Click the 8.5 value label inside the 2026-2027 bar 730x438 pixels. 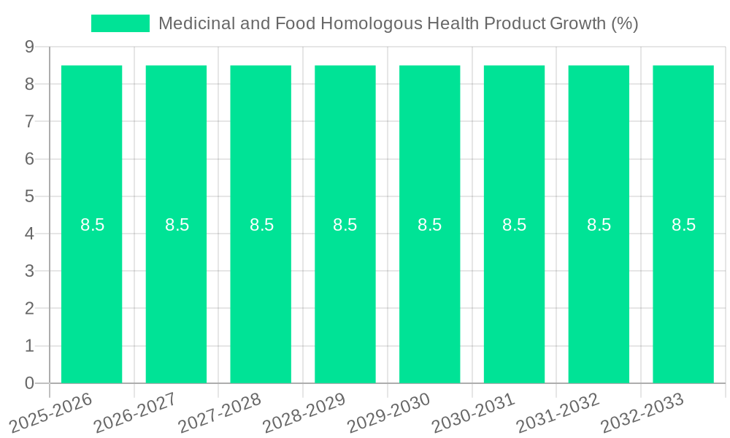tap(177, 225)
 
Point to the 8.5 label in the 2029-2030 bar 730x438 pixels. tap(430, 225)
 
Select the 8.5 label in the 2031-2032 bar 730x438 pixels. tap(599, 225)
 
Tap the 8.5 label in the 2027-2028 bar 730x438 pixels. tap(261, 225)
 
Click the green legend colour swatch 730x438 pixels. tap(120, 23)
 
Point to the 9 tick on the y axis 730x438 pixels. tap(30, 47)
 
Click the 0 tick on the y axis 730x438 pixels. tap(30, 383)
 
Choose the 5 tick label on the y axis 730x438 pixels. tap(30, 196)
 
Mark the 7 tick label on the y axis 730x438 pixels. tap(30, 121)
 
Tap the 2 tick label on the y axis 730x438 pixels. tap(30, 309)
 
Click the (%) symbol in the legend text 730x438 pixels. tap(624, 23)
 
